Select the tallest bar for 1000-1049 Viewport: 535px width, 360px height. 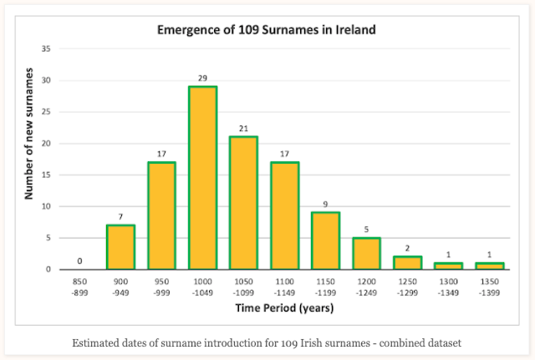[203, 178]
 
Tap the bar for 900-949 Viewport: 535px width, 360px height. [121, 247]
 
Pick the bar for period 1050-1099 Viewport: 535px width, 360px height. [244, 203]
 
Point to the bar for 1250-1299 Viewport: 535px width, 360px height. [408, 262]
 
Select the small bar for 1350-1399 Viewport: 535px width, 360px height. [490, 266]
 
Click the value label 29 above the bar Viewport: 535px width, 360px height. [203, 78]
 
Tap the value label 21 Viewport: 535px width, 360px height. [244, 128]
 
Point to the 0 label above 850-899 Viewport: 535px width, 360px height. [80, 261]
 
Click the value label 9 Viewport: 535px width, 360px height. [326, 203]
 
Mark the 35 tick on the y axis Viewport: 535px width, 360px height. [46, 49]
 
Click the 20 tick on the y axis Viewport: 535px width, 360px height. [46, 144]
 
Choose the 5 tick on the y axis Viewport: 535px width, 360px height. [48, 238]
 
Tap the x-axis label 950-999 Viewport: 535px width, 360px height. [162, 288]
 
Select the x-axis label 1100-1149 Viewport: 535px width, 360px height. [285, 288]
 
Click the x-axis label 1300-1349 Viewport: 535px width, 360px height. [449, 288]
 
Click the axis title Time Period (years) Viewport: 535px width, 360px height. [285, 309]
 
